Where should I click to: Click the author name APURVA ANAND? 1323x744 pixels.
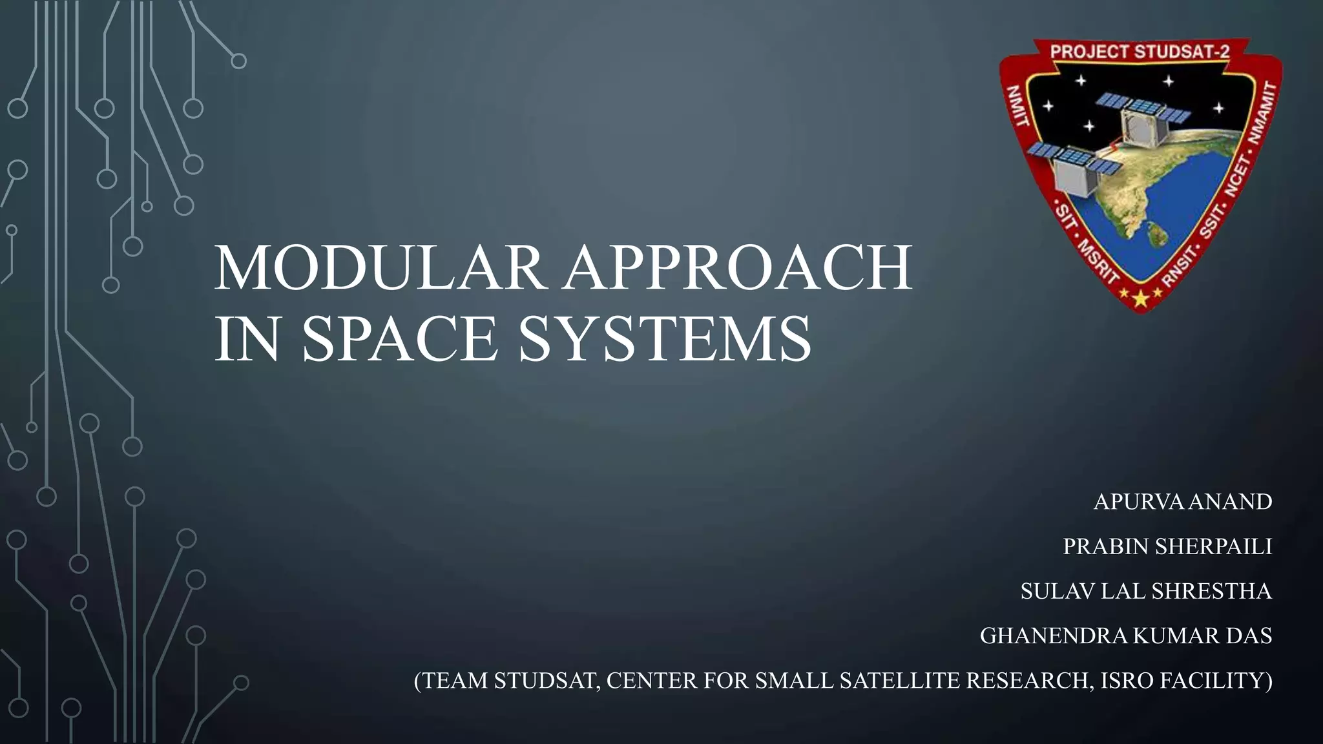[1182, 502]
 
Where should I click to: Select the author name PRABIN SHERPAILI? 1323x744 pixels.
[1167, 546]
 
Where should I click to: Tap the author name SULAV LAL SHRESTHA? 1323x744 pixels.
[1146, 591]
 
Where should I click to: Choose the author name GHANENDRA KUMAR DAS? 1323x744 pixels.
[1125, 635]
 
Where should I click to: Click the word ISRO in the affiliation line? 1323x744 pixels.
[1125, 681]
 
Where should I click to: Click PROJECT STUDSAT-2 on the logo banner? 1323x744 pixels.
[1140, 52]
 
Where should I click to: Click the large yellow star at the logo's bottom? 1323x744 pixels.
[1141, 298]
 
